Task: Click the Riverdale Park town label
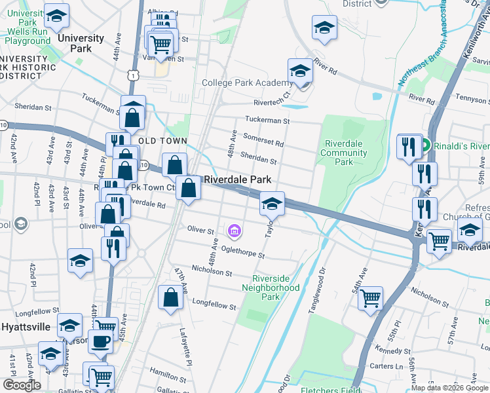[238, 179]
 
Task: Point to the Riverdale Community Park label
[344, 153]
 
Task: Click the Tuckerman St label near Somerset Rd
[267, 121]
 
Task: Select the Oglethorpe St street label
[243, 252]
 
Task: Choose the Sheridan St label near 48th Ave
[258, 158]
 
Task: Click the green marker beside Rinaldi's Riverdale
[424, 145]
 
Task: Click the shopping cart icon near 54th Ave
[371, 298]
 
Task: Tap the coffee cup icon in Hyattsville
[100, 341]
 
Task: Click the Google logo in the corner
[22, 385]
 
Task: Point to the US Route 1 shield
[134, 75]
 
